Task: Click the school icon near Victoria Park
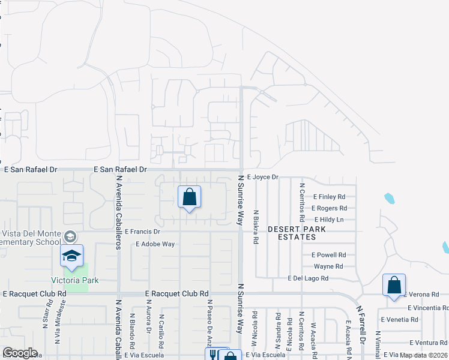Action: pos(71,256)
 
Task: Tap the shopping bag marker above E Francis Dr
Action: pos(189,197)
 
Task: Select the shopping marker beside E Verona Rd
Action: pos(394,285)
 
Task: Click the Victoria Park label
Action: pos(75,280)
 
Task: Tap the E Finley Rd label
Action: pos(330,196)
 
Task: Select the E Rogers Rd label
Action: pos(330,208)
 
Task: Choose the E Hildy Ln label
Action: pos(328,220)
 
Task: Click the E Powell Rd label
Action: pos(329,254)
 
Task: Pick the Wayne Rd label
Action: pos(328,266)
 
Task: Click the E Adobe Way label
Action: pos(155,244)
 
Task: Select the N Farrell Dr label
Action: pos(361,323)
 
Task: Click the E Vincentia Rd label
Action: pos(427,307)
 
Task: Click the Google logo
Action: pos(20,353)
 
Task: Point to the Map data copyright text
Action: pos(424,355)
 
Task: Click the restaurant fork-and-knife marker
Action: pos(212,355)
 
